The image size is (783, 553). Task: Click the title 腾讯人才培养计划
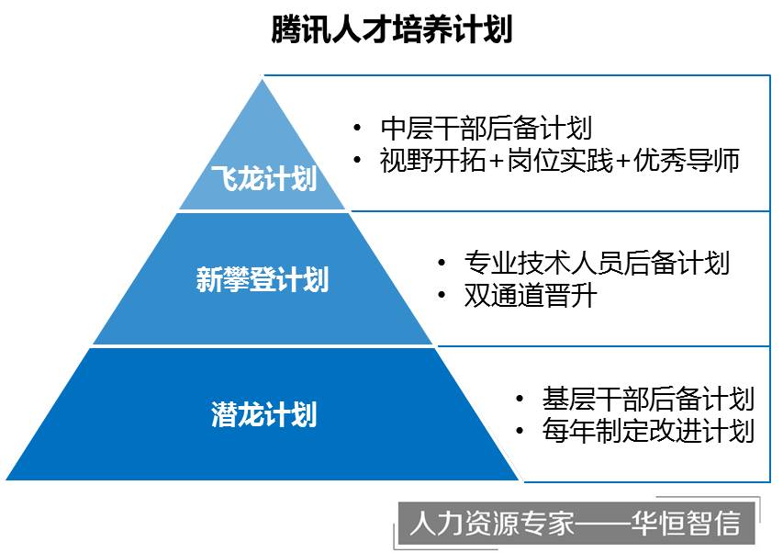click(x=392, y=29)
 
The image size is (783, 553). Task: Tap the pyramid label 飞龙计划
click(x=263, y=178)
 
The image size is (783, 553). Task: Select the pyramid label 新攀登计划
click(x=263, y=278)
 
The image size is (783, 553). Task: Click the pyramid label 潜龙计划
click(x=263, y=414)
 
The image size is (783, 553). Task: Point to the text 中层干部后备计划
click(x=486, y=129)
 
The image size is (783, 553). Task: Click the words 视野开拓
click(x=432, y=161)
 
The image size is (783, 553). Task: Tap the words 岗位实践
click(x=560, y=161)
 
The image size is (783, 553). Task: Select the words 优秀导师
click(x=687, y=161)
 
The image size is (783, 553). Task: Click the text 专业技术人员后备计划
click(x=597, y=263)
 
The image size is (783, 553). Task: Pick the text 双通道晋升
click(x=531, y=296)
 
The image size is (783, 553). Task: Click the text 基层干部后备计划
click(x=648, y=399)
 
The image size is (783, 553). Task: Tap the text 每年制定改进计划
click(x=648, y=431)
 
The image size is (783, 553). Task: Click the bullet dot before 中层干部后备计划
click(x=357, y=128)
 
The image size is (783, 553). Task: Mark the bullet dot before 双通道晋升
click(x=442, y=295)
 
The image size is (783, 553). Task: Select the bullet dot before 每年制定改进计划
click(x=520, y=431)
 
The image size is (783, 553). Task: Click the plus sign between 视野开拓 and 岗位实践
click(x=497, y=162)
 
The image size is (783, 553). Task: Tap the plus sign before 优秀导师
click(x=622, y=162)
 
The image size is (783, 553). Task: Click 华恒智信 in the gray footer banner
click(x=686, y=523)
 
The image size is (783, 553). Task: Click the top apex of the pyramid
click(x=263, y=80)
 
